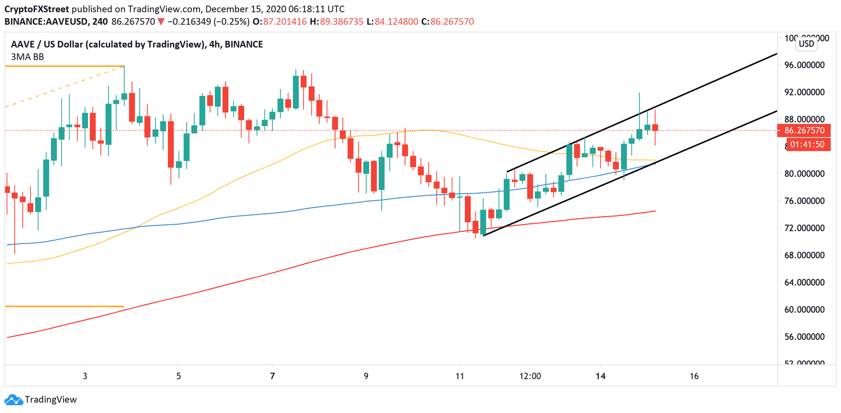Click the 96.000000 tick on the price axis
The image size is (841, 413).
pos(805,65)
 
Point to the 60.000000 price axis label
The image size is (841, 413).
pos(805,309)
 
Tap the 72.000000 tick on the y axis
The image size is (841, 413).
pos(805,228)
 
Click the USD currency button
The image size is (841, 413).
pos(806,44)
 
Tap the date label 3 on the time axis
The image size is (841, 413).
pos(85,376)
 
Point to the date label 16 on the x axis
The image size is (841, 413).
pos(694,376)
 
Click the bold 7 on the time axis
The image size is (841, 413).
pos(272,376)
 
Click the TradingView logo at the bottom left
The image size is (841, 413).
pos(41,400)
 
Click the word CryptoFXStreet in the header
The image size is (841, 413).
pos(37,9)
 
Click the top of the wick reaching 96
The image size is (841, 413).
pos(124,67)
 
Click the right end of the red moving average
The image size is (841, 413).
pos(655,211)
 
